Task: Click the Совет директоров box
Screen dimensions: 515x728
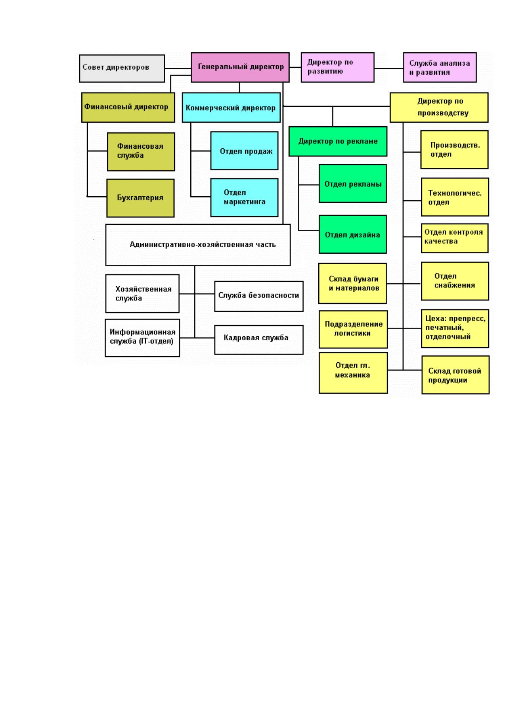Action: [x=122, y=68]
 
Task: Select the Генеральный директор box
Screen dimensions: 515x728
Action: [x=240, y=67]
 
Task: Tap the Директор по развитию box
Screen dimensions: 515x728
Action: [x=337, y=67]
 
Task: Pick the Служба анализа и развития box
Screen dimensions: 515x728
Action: [x=440, y=67]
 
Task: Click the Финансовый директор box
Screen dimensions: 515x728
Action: [x=128, y=107]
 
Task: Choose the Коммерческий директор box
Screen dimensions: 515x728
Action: [x=231, y=107]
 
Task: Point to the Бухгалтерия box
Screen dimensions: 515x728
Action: [x=141, y=198]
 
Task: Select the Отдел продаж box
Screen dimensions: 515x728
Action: [x=244, y=150]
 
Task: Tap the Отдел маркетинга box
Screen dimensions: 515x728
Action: [x=244, y=197]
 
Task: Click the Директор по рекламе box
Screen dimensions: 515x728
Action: [x=338, y=141]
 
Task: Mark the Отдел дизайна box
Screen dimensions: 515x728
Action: [x=353, y=234]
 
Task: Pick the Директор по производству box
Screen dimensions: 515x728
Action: [x=439, y=107]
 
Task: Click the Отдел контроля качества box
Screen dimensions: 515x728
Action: [x=454, y=238]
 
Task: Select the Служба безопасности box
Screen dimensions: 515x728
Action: [x=259, y=296]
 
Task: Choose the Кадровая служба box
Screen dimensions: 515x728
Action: [x=259, y=340]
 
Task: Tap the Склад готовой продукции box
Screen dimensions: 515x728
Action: [x=455, y=375]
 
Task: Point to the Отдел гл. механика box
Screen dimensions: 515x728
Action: [x=353, y=373]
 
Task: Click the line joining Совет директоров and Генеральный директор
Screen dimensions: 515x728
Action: [x=178, y=68]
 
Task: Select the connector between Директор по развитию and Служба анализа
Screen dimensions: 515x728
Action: [x=389, y=68]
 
